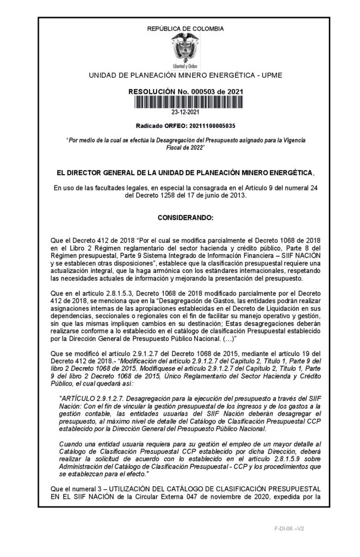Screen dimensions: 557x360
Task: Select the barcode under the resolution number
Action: pyautogui.click(x=185, y=103)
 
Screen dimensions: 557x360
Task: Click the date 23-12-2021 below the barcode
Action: pyautogui.click(x=185, y=113)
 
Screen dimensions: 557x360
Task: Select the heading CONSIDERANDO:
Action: pyautogui.click(x=185, y=218)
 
